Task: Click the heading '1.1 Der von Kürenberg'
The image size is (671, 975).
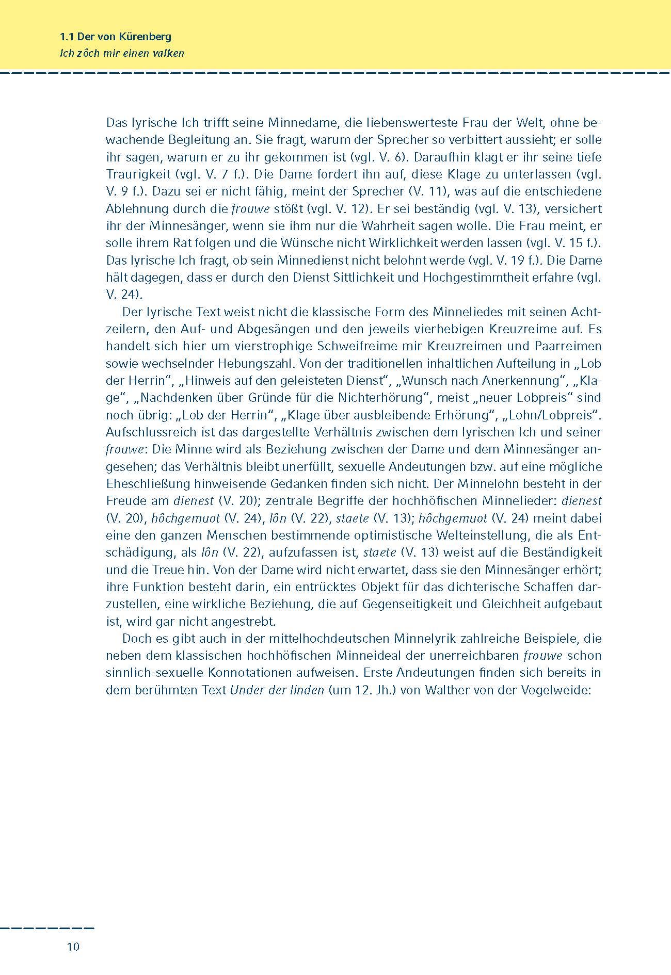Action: coord(116,37)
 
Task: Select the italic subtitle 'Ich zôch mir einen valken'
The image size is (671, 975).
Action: coord(122,53)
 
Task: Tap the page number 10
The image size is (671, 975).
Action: coord(73,947)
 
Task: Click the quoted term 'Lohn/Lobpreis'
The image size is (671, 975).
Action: coord(553,415)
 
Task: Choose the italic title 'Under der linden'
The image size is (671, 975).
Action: coord(277,690)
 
